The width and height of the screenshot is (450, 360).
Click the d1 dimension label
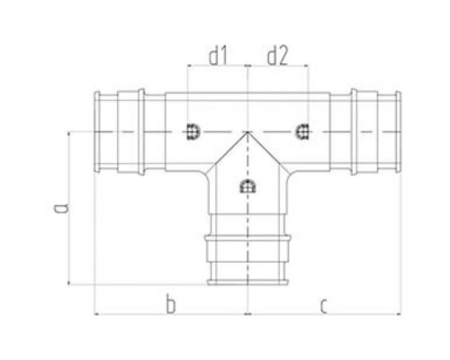217,57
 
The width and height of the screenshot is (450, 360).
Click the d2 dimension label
275,57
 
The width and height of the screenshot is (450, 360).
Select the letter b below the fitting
169,307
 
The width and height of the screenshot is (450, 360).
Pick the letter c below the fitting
321,307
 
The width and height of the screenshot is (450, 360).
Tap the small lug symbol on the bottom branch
247,188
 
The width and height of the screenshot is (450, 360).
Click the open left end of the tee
97,131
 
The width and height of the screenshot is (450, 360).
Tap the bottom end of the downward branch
247,281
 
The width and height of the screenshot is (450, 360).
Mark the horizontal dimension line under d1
217,71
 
